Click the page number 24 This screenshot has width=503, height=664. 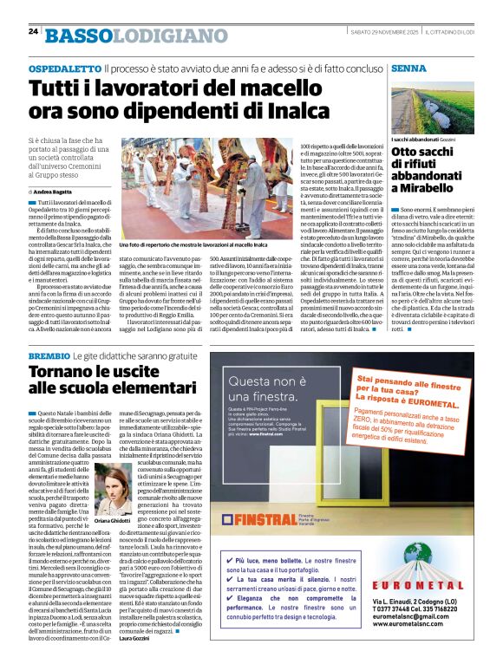pos(33,31)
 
